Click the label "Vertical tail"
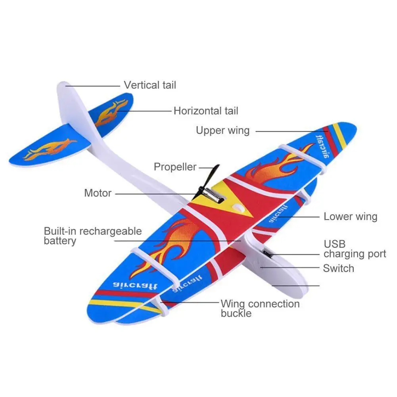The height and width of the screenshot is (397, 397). (x=150, y=85)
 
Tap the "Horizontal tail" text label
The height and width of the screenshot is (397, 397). (x=206, y=111)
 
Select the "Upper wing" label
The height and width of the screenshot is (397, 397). (x=222, y=130)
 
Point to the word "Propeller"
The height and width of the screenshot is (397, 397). (x=175, y=167)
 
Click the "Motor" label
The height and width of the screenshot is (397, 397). (x=98, y=193)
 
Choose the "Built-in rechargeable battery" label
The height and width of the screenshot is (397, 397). (x=92, y=236)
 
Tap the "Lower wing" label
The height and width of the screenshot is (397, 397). (x=350, y=216)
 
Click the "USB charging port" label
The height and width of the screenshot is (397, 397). (x=355, y=249)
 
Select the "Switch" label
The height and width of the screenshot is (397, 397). (x=338, y=268)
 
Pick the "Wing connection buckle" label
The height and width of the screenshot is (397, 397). (x=260, y=309)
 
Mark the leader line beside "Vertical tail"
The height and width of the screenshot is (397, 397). (x=93, y=85)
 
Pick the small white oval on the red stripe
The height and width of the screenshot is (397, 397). (x=237, y=207)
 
